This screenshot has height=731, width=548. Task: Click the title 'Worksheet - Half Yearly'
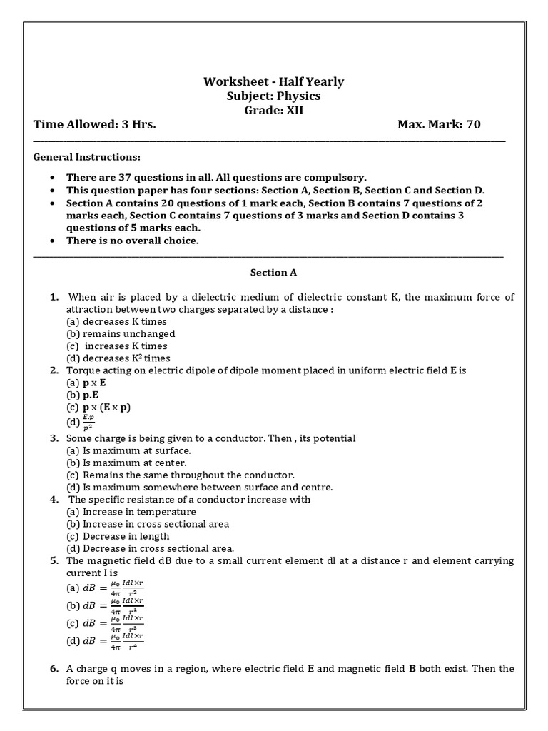tap(273, 81)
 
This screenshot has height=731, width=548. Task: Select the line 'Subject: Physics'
tap(273, 96)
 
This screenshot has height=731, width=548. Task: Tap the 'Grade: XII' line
tap(273, 110)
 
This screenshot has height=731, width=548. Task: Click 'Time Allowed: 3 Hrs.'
tap(95, 125)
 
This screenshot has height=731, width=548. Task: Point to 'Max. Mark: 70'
tap(439, 125)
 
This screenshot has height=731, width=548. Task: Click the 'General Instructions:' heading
tap(87, 157)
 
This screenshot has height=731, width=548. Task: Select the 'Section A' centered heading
tap(273, 273)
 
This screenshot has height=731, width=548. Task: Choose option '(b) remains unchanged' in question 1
tap(121, 333)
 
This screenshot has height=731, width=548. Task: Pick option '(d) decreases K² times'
tap(118, 358)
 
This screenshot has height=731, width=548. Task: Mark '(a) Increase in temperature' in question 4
tap(131, 512)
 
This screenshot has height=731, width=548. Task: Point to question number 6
tap(54, 669)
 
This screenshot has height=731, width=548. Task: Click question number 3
tap(54, 438)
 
